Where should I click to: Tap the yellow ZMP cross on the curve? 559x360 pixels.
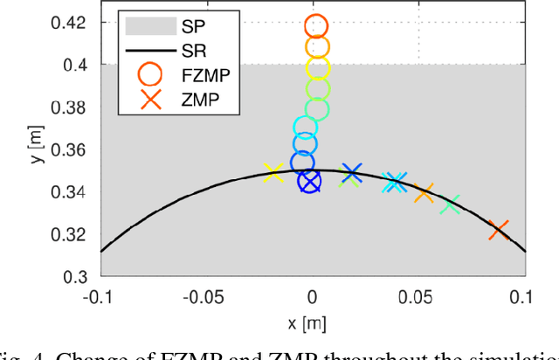tap(273, 173)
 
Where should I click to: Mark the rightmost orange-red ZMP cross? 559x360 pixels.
tap(499, 231)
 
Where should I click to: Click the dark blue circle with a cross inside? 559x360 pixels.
tap(310, 181)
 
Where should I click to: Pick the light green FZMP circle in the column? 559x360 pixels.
tap(318, 87)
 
